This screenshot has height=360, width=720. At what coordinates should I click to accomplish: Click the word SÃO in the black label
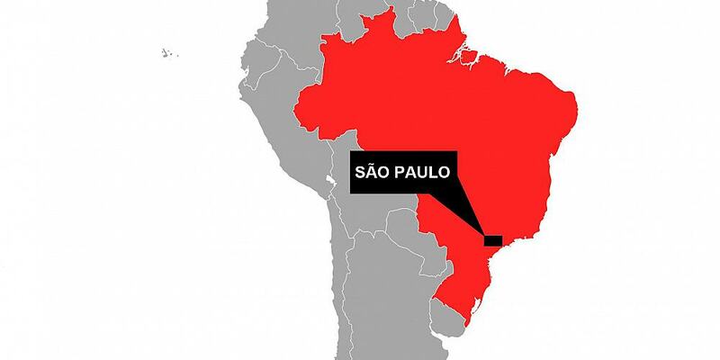pos(376,172)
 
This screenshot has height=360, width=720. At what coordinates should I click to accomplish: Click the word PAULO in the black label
pos(422,172)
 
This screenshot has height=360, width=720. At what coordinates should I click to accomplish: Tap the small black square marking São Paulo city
pos(492,240)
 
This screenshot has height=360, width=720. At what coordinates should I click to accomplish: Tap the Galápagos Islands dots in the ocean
pos(167,53)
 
